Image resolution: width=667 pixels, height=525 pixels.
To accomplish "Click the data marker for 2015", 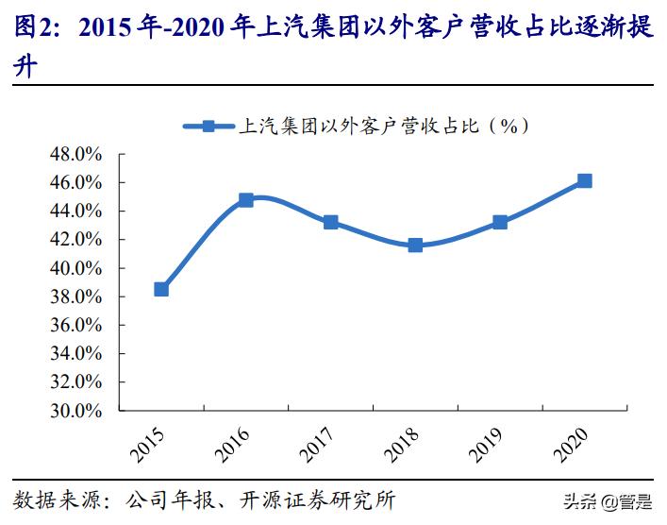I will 161,289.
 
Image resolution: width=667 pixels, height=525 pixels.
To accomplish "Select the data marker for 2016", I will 246,200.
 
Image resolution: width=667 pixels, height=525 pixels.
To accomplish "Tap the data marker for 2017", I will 330,222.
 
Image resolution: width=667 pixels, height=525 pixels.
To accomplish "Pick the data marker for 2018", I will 415,246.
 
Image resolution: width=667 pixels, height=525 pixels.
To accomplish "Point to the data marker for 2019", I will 500,222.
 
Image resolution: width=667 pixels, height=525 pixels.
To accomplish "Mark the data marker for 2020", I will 584,180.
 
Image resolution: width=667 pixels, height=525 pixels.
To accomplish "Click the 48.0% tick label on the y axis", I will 75,154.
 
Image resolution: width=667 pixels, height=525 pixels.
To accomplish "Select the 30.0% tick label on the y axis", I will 75,411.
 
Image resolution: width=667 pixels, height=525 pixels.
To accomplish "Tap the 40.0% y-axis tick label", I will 75,268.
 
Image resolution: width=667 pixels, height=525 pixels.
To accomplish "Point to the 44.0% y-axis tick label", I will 75,211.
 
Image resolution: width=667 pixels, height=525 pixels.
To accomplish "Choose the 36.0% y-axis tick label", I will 75,325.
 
